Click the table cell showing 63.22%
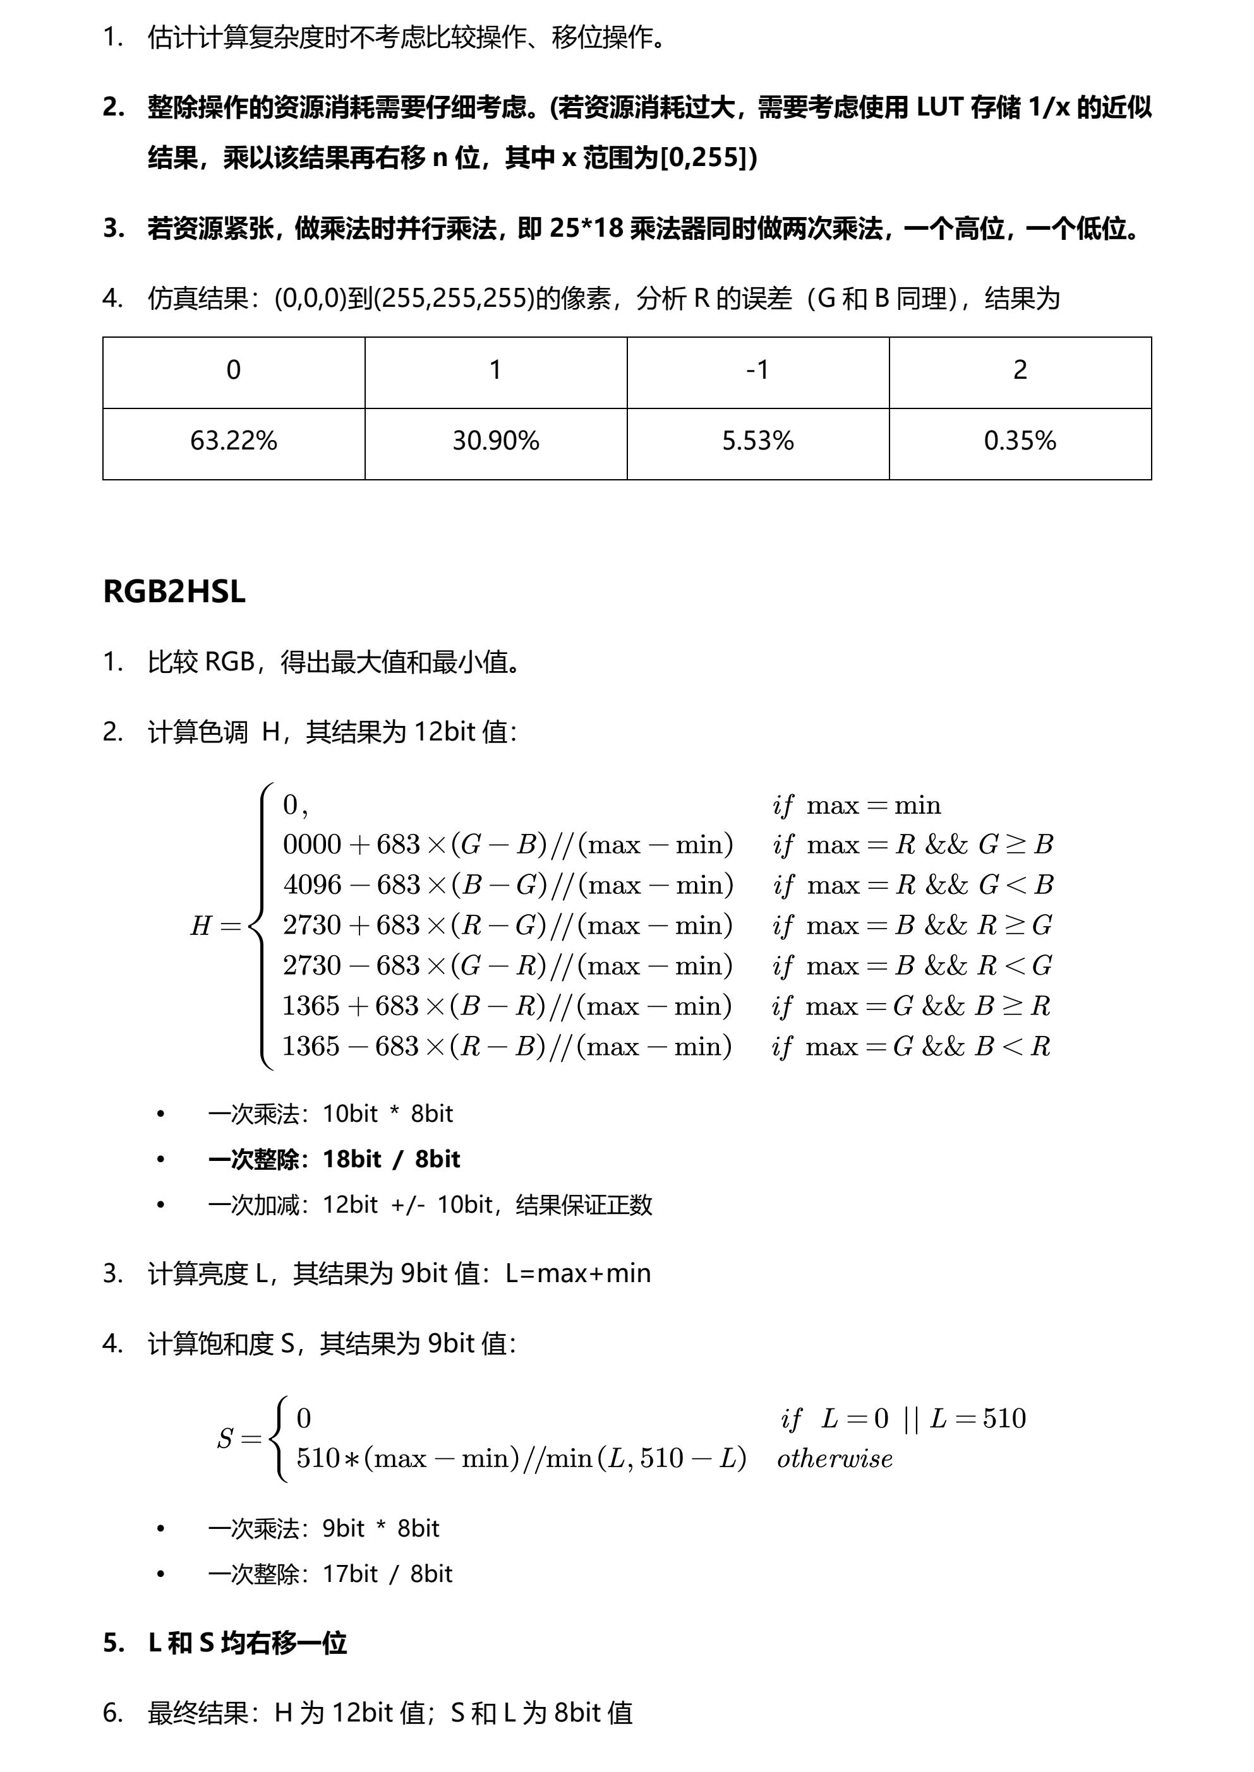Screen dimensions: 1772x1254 pos(233,441)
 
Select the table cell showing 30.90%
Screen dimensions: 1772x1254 pos(496,441)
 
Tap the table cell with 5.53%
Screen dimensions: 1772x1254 pos(757,441)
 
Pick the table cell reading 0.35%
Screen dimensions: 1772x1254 pos(1020,441)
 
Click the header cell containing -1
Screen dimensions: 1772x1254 pos(757,371)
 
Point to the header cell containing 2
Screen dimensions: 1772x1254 pos(1020,371)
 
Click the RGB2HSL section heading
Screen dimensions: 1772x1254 pos(174,592)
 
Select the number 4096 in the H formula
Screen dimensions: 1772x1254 pos(312,884)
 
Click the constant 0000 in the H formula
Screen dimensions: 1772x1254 pos(312,844)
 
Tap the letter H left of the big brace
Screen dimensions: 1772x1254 pos(201,925)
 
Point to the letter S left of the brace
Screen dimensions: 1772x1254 pos(225,1439)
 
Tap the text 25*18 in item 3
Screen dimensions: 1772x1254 pos(586,229)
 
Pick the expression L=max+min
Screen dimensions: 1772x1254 pos(577,1273)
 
